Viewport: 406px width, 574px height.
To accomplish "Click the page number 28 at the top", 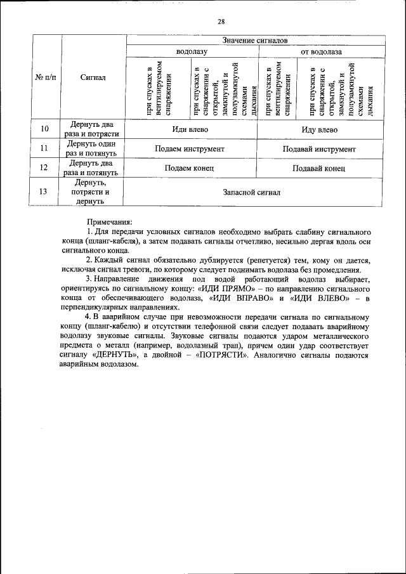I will (x=221, y=22).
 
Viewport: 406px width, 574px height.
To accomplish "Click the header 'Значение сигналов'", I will (x=255, y=40).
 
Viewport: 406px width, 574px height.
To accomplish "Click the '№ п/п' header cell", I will (x=44, y=77).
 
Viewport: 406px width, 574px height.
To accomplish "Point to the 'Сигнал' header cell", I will (x=93, y=77).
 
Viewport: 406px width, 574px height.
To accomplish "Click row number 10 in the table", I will (x=44, y=129).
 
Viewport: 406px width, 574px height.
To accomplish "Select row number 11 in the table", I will (x=44, y=149).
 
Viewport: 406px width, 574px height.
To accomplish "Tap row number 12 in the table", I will (x=44, y=168).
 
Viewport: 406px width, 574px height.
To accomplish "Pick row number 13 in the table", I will (x=44, y=192).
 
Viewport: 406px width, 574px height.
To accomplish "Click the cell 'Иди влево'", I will (x=190, y=129).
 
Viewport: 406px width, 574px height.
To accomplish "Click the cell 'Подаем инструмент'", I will (x=190, y=149).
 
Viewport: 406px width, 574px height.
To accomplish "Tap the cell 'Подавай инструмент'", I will (x=319, y=149).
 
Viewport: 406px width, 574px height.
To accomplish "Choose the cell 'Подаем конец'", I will (x=190, y=168).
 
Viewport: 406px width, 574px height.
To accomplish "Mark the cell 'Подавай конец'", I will (x=319, y=168).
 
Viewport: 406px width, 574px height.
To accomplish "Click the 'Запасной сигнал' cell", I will (x=251, y=192).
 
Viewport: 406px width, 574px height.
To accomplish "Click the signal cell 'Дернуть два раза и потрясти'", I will (x=93, y=129).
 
